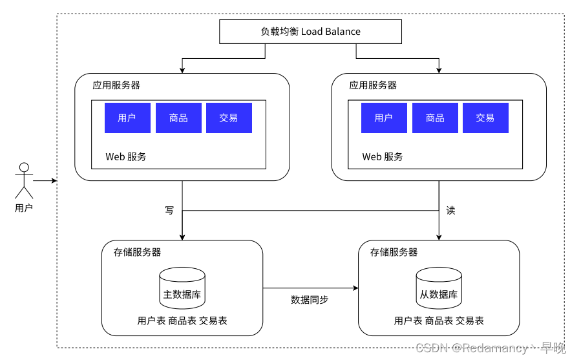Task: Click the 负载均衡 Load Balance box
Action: point(310,32)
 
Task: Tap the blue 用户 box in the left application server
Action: point(127,118)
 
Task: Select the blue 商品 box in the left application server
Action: point(178,118)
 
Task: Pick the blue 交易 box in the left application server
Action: point(229,118)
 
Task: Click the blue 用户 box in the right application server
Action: point(385,118)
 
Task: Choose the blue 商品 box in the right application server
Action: point(435,118)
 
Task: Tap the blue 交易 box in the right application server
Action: point(486,118)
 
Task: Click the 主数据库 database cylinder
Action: point(182,288)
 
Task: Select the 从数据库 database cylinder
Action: point(439,288)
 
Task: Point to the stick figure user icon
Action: point(24,180)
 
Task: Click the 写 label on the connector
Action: point(169,210)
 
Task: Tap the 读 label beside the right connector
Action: point(450,210)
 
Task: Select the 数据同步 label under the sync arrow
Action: point(310,299)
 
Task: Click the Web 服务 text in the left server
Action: point(125,157)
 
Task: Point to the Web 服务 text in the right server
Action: point(383,157)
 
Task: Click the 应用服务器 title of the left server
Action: point(116,85)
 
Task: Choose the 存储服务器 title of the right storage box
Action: point(394,252)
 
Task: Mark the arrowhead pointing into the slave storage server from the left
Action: point(356,288)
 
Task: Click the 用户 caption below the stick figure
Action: point(24,208)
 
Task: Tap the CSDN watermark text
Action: point(491,348)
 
